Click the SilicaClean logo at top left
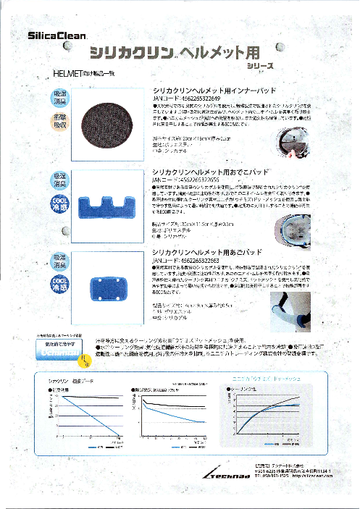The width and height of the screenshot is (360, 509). click(x=57, y=34)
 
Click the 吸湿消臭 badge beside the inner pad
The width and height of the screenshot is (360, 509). click(x=60, y=99)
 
